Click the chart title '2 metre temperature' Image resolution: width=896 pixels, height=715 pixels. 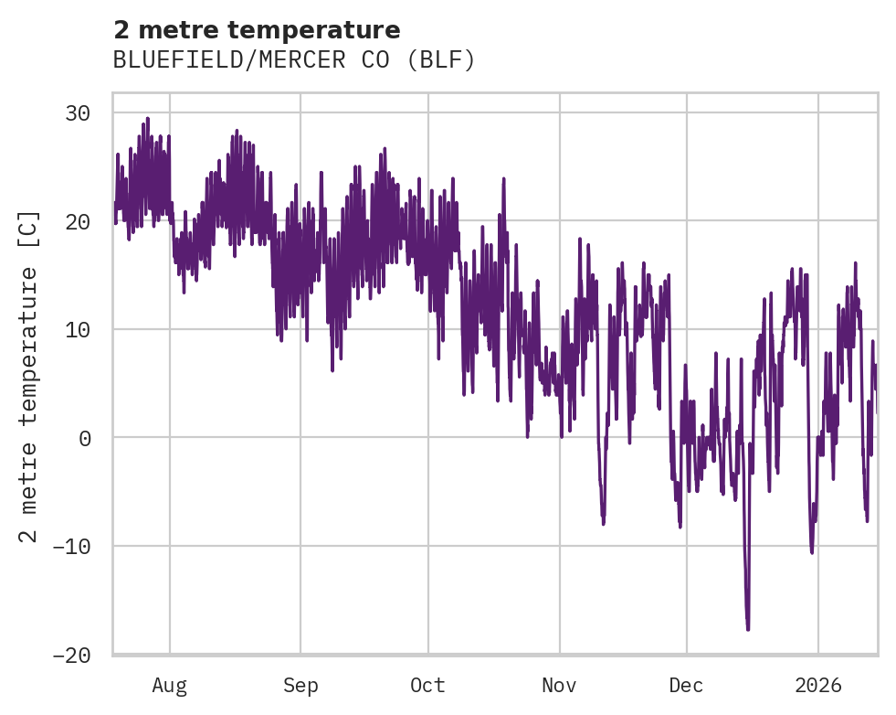[257, 30]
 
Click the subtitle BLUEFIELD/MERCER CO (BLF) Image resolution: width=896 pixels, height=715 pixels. [294, 60]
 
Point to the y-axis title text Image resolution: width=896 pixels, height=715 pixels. [29, 375]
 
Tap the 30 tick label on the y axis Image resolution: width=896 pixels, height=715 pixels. [77, 113]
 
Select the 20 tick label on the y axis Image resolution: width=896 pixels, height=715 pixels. [77, 221]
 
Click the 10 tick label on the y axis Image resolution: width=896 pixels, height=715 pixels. [77, 330]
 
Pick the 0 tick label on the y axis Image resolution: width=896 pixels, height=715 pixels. [85, 438]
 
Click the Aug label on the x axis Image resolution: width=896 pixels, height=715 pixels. [170, 686]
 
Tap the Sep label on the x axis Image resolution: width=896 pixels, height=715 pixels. [300, 686]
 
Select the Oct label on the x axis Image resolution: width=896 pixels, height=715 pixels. [427, 686]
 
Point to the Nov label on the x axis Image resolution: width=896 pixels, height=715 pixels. [559, 686]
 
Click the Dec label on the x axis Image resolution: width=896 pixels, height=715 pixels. [686, 686]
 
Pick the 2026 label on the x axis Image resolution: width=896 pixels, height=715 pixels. [818, 686]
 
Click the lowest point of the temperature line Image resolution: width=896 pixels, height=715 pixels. [748, 629]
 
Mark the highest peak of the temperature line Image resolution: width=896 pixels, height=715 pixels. [147, 118]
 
